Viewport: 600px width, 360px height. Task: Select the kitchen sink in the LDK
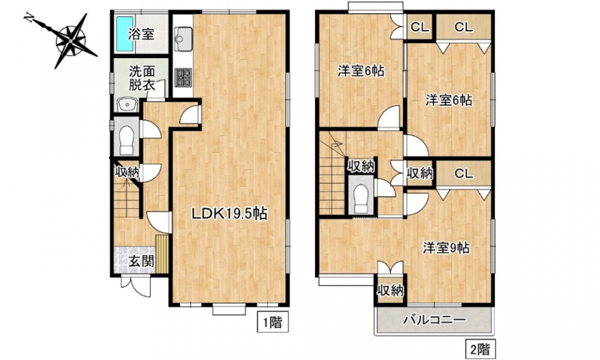[x=183, y=39]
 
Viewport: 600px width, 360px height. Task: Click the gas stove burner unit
[x=183, y=77]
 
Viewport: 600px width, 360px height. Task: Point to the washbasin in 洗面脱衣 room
[x=127, y=104]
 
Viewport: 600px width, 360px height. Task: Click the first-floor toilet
[x=127, y=139]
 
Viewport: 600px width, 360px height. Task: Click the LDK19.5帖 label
[x=229, y=213]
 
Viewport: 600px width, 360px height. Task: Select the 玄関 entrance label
[x=141, y=261]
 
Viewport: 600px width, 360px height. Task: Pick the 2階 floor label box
[x=480, y=349]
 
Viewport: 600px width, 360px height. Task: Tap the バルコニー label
[x=434, y=319]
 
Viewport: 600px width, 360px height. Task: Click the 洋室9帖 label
[x=446, y=248]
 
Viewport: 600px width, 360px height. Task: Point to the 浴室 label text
[x=141, y=34]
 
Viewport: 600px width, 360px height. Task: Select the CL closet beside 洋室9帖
[x=464, y=174]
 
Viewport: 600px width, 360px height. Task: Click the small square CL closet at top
[x=420, y=27]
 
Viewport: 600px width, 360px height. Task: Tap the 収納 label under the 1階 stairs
[x=127, y=172]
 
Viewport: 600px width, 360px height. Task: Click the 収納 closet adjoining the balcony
[x=390, y=291]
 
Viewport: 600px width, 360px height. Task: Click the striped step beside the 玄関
[x=162, y=254]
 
